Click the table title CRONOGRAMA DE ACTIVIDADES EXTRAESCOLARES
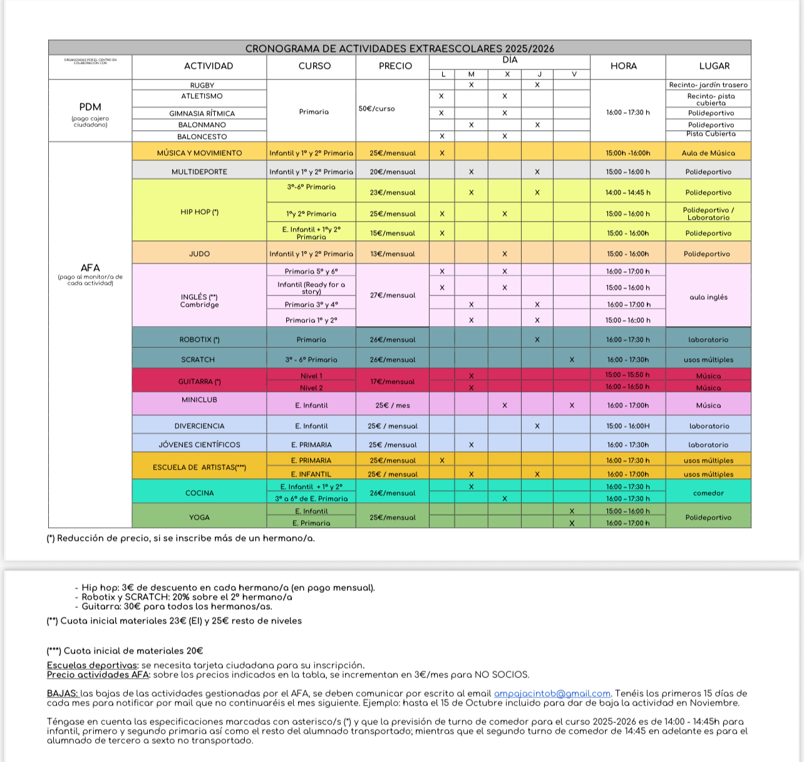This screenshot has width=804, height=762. (399, 48)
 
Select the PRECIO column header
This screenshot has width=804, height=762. (395, 66)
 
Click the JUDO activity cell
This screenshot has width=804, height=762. (199, 254)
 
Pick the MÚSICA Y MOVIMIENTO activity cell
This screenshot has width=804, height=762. (199, 153)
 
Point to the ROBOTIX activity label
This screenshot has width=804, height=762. (199, 339)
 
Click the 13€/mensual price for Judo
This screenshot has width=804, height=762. (392, 254)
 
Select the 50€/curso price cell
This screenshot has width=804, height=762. (376, 108)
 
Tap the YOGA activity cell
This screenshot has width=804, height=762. (199, 517)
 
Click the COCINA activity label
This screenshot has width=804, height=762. (199, 493)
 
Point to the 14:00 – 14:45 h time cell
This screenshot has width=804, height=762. (627, 192)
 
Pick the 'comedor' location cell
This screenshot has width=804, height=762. (708, 493)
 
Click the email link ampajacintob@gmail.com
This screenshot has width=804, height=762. (552, 693)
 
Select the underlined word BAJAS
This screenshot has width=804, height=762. (63, 693)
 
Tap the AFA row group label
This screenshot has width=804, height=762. (90, 268)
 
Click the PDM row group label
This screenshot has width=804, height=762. (90, 106)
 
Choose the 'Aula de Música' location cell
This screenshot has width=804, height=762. (708, 153)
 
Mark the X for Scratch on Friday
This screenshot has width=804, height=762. (572, 359)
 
